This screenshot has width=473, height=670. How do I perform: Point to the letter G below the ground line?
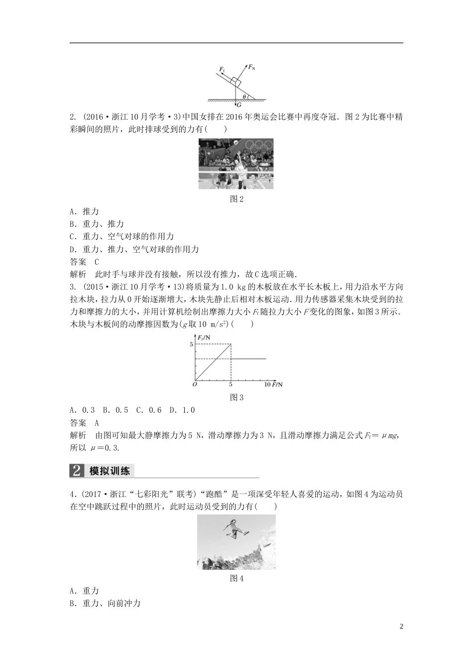(239, 105)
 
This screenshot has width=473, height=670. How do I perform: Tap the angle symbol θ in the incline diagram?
(244, 97)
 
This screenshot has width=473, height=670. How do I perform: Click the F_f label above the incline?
(222, 70)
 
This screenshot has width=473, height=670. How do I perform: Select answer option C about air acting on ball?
(122, 236)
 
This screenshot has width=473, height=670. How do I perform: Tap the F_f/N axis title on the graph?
(204, 337)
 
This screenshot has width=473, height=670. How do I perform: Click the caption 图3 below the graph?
(236, 397)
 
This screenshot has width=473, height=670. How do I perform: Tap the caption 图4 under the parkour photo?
(236, 578)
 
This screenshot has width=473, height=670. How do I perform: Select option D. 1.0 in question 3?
(182, 410)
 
